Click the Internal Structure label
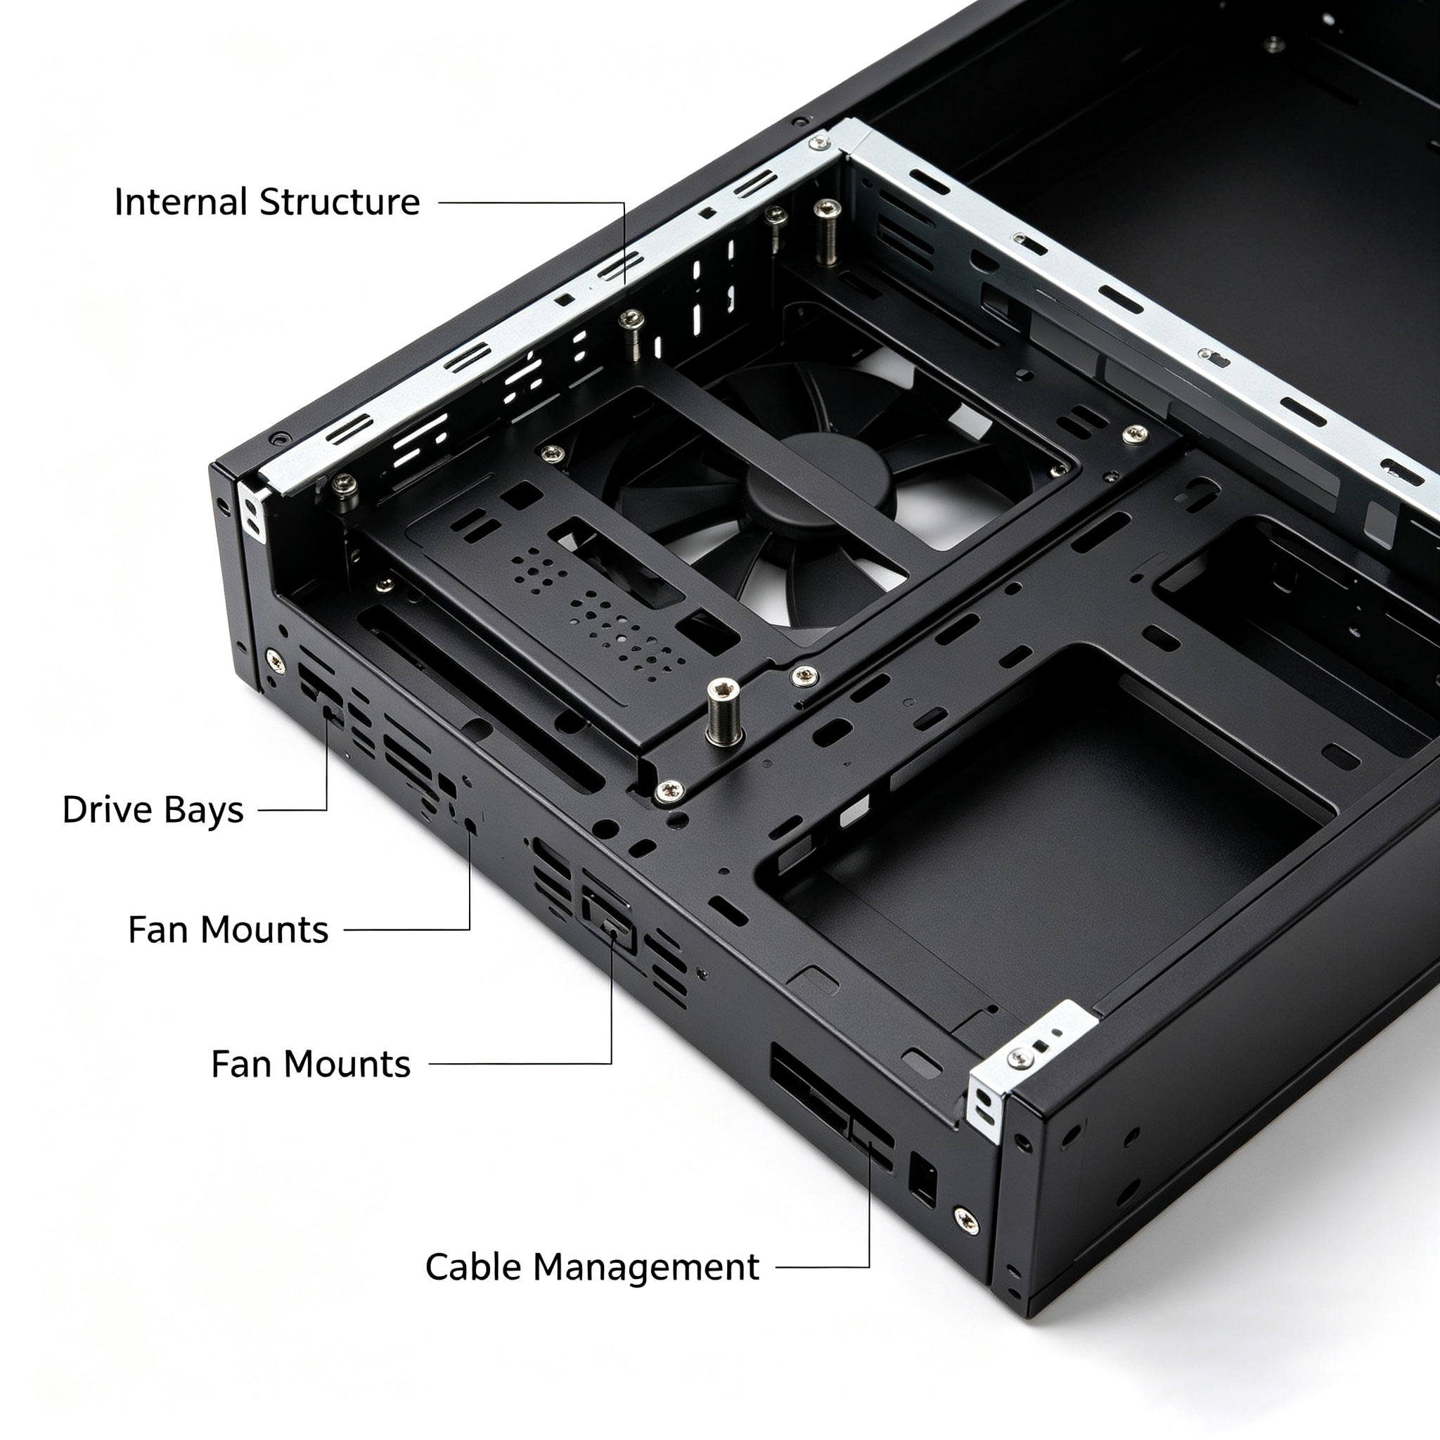coord(266,202)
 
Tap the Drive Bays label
coord(153,809)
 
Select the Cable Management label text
coord(592,1266)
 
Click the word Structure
coord(340,202)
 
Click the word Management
coord(646,1267)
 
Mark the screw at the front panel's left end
coord(274,660)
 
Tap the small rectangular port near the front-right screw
coord(922,1178)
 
